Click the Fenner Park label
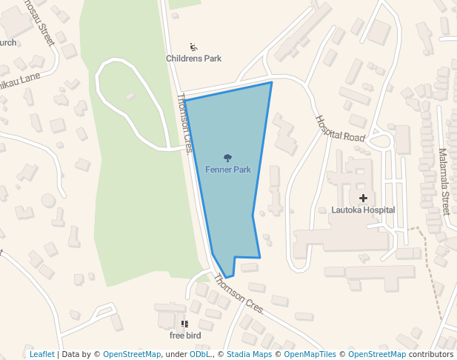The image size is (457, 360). pos(228,170)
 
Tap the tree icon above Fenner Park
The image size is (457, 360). pos(228,158)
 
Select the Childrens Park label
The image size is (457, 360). pos(193,59)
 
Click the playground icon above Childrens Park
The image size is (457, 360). pos(193,47)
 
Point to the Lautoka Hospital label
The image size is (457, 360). pos(363,210)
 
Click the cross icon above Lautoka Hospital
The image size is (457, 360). pos(363,198)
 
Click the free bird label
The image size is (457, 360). pos(185,335)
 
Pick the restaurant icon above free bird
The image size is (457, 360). pos(185,324)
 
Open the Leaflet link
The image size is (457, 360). pos(41,354)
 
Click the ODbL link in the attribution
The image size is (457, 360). pos(199,354)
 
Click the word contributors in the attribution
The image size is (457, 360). pos(430,354)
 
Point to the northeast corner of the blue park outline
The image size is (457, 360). pos(272,82)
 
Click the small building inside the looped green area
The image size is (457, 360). pos(131,96)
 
